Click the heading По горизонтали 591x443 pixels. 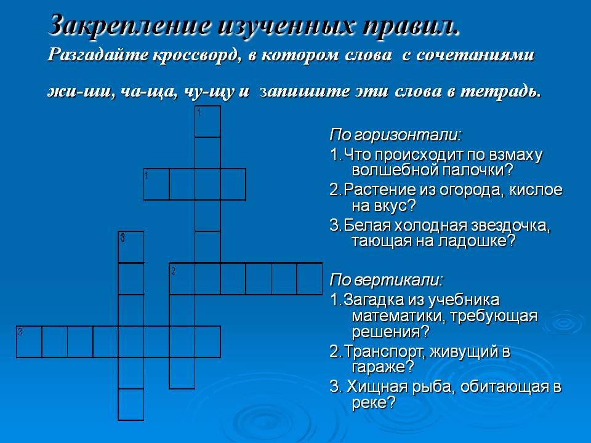click(x=395, y=134)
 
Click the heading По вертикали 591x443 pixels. click(x=386, y=280)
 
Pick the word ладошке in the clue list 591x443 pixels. click(x=476, y=241)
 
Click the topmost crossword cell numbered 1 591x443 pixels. click(x=207, y=121)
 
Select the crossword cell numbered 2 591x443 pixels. click(x=182, y=278)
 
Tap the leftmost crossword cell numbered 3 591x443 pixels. click(x=29, y=341)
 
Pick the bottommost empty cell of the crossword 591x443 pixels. click(x=131, y=404)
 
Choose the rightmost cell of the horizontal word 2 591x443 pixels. click(x=310, y=278)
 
